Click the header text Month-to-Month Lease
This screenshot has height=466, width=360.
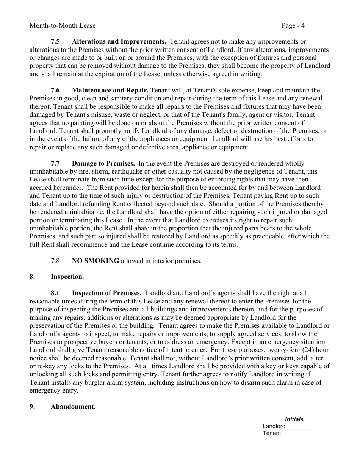(63, 26)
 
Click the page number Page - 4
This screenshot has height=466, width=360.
(293, 26)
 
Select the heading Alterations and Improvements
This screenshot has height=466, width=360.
(119, 42)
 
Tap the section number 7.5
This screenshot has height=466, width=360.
(55, 42)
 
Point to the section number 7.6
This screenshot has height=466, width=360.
(55, 90)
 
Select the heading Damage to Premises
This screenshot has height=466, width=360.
(103, 163)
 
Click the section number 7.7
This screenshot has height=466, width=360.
(55, 163)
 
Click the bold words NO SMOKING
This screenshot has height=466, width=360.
(95, 261)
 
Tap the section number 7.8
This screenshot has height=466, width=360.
(55, 261)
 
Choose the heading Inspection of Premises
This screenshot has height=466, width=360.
(106, 293)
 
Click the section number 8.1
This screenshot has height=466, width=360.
(55, 293)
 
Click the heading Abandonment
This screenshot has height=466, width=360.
(73, 407)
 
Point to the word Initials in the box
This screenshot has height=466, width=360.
(294, 419)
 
